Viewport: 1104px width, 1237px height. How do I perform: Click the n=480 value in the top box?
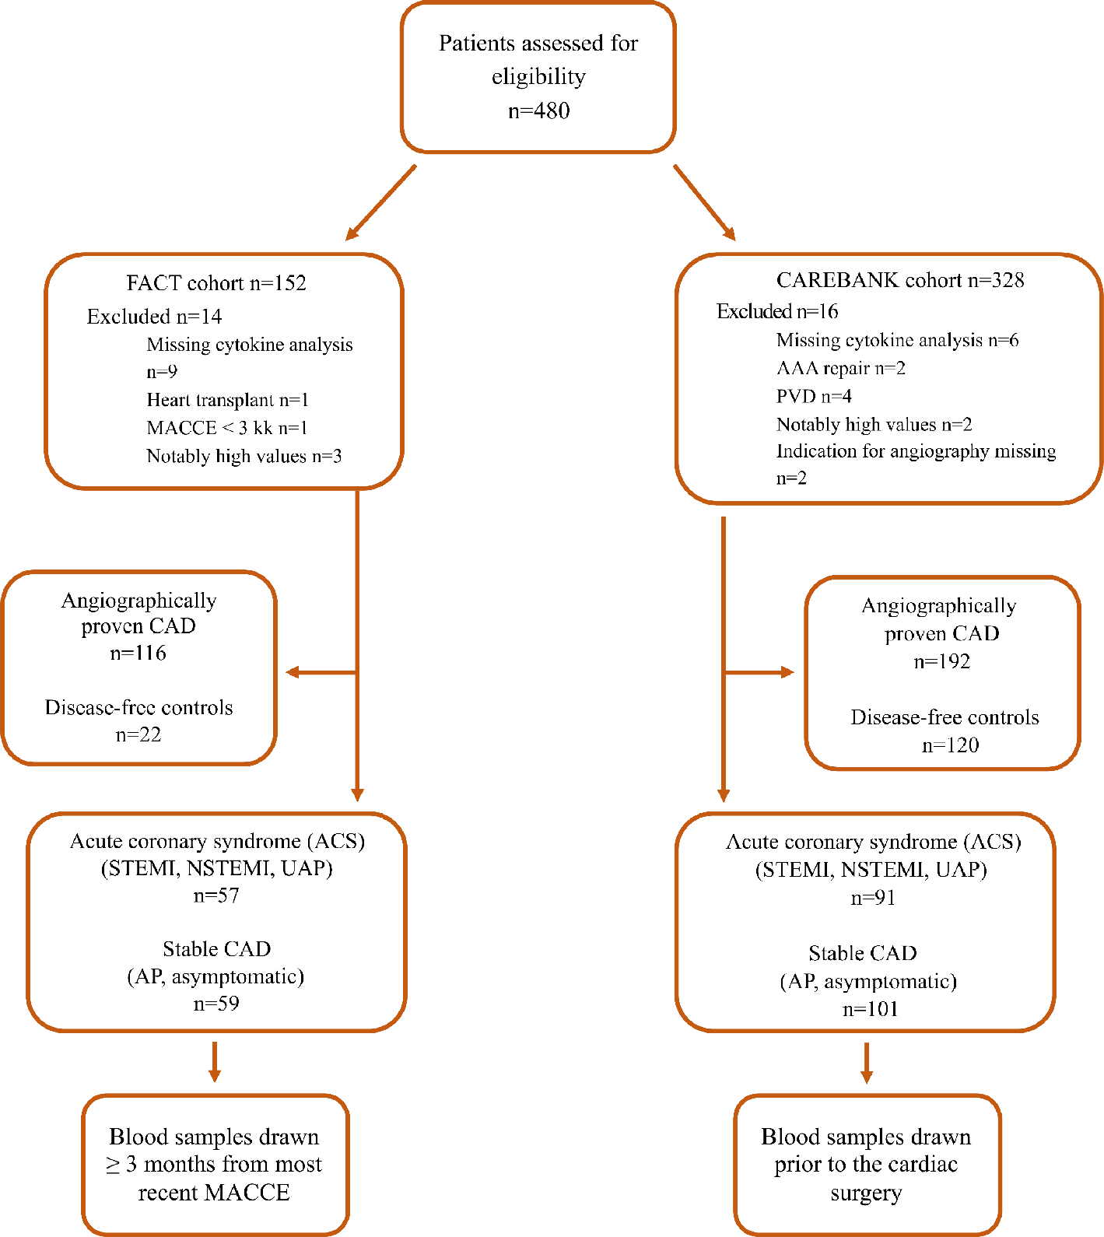[x=538, y=110]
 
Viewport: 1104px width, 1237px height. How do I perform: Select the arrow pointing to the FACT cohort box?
[x=380, y=202]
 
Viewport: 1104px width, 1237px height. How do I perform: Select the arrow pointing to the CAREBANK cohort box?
[x=704, y=202]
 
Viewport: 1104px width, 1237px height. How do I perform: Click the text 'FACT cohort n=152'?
[x=216, y=283]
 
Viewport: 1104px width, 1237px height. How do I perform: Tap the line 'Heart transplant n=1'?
[x=227, y=400]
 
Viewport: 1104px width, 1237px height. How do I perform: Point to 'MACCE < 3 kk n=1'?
[x=227, y=428]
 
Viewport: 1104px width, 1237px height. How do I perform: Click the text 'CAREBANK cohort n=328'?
[x=899, y=280]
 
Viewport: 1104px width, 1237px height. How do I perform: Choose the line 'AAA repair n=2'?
[x=840, y=368]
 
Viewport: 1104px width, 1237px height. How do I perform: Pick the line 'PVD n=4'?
[x=814, y=396]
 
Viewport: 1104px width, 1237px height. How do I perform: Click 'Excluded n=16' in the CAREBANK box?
[x=777, y=311]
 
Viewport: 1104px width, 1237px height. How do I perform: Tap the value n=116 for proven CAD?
[x=138, y=653]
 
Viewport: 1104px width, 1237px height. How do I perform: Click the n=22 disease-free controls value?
[x=138, y=734]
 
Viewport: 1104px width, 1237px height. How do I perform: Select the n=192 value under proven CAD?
[x=941, y=661]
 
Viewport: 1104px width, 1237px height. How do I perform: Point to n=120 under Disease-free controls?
[x=950, y=745]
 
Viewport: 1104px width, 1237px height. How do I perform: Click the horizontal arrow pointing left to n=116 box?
[x=319, y=672]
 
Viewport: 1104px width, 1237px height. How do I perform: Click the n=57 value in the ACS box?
[x=216, y=895]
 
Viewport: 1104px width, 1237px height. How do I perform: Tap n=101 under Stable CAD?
[x=871, y=1009]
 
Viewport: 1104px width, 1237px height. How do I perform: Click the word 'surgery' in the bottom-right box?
[x=865, y=1193]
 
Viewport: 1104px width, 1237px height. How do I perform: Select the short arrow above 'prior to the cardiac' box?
[x=866, y=1063]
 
